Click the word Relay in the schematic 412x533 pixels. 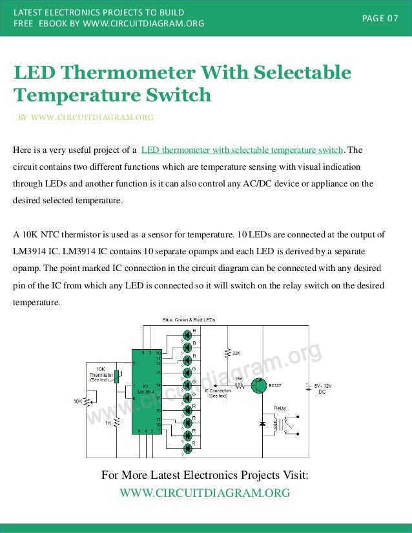click(x=280, y=408)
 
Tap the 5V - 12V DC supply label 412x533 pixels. click(x=323, y=389)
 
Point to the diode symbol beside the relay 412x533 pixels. click(x=262, y=424)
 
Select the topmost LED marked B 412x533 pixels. click(x=187, y=334)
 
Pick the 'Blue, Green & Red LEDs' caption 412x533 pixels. click(x=188, y=320)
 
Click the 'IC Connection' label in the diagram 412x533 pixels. click(x=218, y=391)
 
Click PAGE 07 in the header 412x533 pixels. click(x=380, y=17)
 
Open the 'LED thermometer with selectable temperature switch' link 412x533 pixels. click(x=242, y=150)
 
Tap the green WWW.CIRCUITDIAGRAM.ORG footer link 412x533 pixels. click(x=205, y=493)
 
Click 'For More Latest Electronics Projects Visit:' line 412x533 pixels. click(x=205, y=476)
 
